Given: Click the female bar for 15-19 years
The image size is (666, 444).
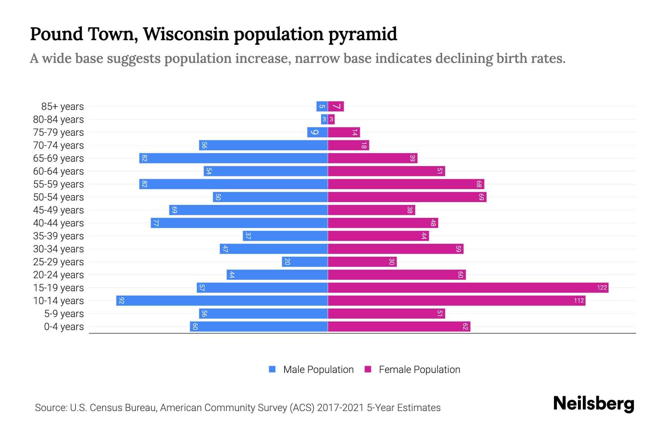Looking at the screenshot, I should point(468,287).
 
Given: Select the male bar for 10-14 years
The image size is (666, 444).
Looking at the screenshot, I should point(222,300).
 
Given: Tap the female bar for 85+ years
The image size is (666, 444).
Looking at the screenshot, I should point(336,107).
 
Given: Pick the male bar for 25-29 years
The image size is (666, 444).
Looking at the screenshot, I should point(305,262).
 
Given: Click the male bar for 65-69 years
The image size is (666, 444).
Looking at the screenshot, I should point(233,158).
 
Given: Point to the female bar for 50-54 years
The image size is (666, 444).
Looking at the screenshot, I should point(407,197).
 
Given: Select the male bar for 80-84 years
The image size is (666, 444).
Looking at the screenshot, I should point(324,120).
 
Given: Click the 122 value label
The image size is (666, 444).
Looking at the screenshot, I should point(602,288).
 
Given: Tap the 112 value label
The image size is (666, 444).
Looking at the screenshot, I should point(579,301).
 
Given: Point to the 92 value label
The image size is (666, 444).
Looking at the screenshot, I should point(122,301).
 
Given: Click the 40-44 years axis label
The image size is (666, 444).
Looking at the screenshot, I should point(58,223).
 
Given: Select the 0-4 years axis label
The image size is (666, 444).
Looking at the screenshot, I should point(64,327).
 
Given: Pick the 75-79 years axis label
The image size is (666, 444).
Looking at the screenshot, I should point(58,132).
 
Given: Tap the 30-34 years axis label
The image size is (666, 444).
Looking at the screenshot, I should point(58,249).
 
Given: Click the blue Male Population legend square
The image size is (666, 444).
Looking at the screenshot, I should point(272,369).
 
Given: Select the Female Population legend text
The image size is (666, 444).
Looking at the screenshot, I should point(419,370).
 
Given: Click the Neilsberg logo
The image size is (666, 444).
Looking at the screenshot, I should point(593,404).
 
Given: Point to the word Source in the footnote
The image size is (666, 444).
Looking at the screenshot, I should point(50,408).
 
